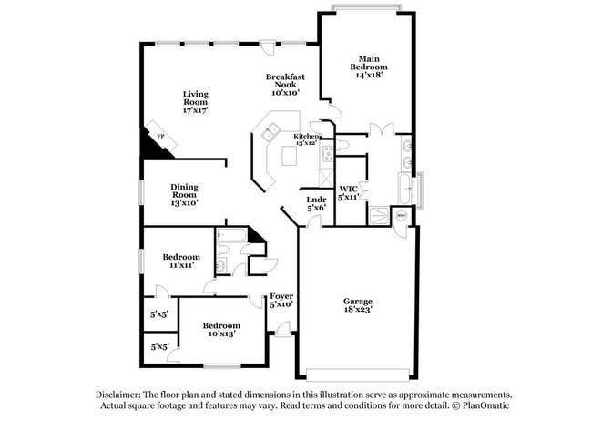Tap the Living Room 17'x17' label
[196, 102]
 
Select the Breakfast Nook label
[284, 85]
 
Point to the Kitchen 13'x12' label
[306, 139]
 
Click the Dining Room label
[185, 194]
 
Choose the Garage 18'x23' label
[358, 306]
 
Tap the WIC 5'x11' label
[349, 191]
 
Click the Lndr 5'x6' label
[316, 203]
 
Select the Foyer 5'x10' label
[281, 300]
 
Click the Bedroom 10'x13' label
[220, 330]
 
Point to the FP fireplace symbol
[161, 137]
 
